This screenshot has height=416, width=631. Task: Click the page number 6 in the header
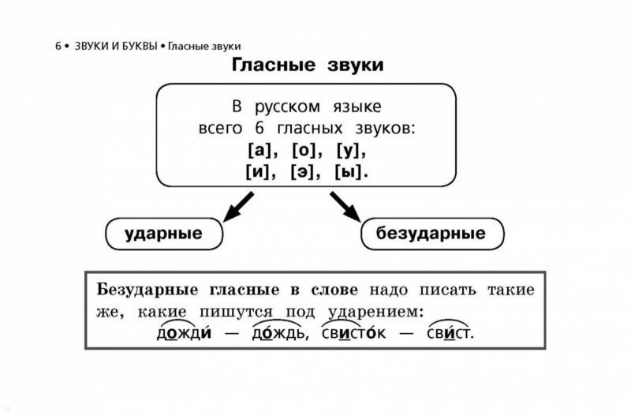coord(58,47)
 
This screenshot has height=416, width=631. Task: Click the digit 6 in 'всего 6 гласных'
coord(259,129)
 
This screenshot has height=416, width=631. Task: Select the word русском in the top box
coord(287,107)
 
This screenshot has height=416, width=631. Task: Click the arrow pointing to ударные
coord(238,207)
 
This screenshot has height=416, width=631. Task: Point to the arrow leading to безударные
coord(345,207)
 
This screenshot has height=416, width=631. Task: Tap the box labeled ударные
coord(164,234)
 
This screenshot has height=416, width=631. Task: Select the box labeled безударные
coord(432,234)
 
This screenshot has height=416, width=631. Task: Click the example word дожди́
coord(184,333)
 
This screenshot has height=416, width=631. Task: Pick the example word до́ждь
coord(280,333)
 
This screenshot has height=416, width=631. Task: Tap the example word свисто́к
coord(353,333)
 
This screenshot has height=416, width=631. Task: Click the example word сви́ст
coord(450,333)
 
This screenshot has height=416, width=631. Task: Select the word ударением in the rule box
coord(376,312)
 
